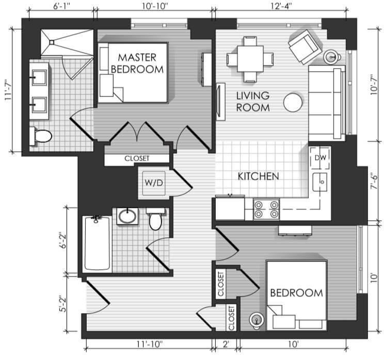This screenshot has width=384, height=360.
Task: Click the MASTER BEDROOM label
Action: [x=137, y=63]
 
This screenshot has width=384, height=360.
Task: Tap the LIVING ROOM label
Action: [x=253, y=101]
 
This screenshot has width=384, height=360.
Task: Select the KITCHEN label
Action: [x=259, y=176]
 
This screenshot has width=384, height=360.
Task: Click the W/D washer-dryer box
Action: [x=154, y=183]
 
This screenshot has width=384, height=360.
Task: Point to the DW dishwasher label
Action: [x=321, y=158]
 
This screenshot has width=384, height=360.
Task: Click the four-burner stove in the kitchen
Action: [x=266, y=209]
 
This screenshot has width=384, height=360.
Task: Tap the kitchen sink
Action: [x=320, y=182]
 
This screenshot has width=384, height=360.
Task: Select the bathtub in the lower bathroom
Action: [x=97, y=243]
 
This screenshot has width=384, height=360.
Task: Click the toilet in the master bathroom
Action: [x=41, y=136]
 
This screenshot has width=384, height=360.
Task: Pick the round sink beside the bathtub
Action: [x=127, y=216]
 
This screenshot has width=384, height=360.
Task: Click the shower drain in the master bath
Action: [x=52, y=42]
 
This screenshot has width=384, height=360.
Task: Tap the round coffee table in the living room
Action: [x=293, y=102]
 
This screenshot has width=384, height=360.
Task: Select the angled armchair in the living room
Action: [x=305, y=46]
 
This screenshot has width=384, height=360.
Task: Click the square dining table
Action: [x=250, y=59]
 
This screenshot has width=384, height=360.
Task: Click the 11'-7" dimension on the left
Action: [x=8, y=90]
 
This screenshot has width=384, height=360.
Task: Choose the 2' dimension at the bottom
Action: [x=226, y=345]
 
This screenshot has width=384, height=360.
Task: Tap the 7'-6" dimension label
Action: [x=374, y=182]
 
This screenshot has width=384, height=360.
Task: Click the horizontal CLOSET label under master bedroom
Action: [x=137, y=158]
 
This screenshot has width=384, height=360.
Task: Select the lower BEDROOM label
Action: [x=297, y=293]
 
